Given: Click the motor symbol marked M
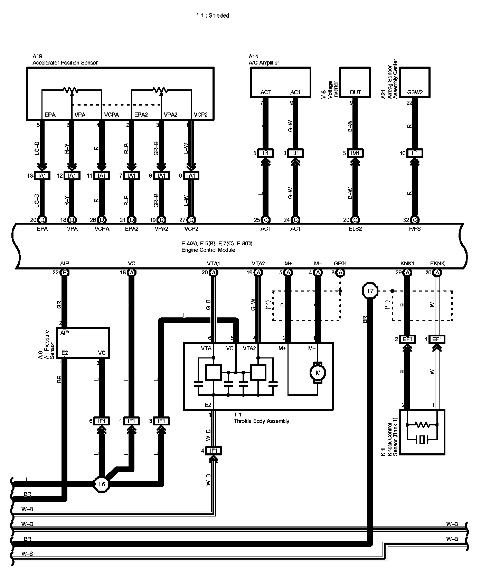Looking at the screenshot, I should tap(318, 373).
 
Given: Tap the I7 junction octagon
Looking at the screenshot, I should tap(370, 291).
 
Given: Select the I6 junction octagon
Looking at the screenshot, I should tap(102, 484).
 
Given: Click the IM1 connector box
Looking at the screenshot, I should tap(355, 153).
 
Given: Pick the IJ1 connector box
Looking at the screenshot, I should tap(295, 153).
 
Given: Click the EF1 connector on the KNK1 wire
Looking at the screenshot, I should tap(407, 339).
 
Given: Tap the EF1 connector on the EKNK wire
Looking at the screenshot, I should tap(437, 339).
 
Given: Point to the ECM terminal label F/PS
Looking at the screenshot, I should tap(415, 229).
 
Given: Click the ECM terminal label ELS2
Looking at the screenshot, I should tap(355, 229).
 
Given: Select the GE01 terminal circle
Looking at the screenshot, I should tap(340, 273).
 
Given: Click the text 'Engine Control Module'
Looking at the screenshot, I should tap(208, 250).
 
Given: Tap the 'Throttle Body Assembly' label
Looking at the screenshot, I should tap(261, 421).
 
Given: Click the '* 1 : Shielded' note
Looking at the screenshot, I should tap(213, 16).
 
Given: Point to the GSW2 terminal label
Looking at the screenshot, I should tap(415, 92).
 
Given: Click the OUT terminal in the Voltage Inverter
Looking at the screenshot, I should tap(355, 92).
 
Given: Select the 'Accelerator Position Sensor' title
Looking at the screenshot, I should tap(65, 63).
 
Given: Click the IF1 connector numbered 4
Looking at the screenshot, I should tap(214, 451).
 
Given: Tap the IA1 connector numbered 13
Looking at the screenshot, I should tap(42, 176).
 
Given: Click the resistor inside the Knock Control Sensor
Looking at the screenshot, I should tap(422, 424).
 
